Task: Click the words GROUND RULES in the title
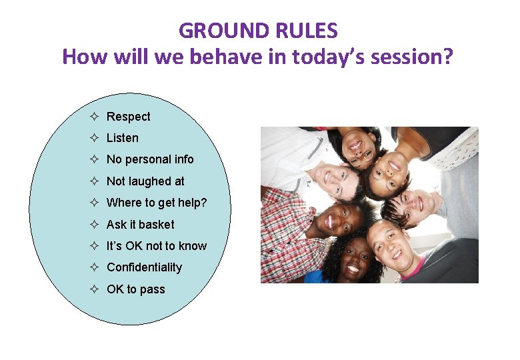258,31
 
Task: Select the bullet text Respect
128,117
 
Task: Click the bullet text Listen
123,138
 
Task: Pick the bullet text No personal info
150,159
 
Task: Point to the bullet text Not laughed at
145,181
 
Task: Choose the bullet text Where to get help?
157,203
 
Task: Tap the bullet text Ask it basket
140,225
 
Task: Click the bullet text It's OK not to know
157,246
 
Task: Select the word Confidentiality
144,267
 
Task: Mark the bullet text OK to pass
135,289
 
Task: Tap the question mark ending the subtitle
447,57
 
